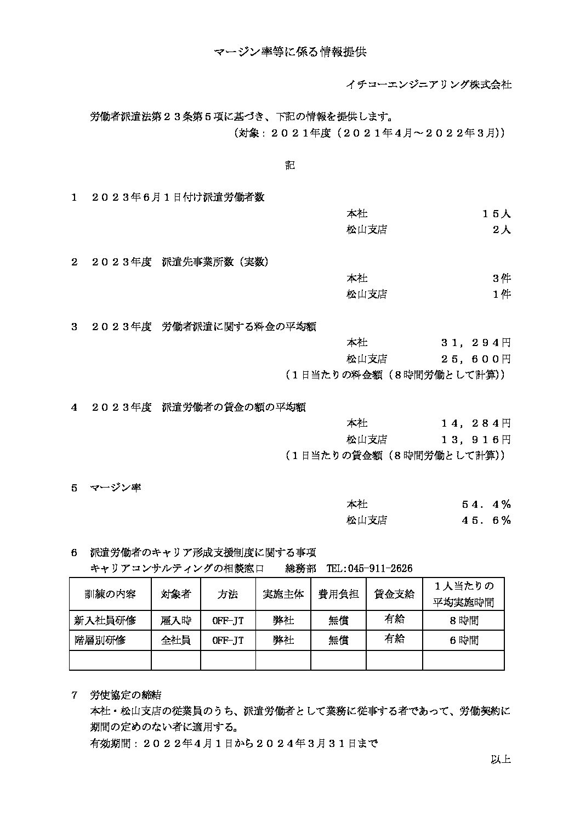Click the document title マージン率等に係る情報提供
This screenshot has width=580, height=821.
click(289, 53)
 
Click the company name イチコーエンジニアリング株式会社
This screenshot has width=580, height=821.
click(429, 84)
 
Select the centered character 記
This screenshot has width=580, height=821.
click(290, 165)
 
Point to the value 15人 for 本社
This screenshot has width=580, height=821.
click(497, 214)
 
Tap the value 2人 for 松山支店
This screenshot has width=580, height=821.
click(502, 230)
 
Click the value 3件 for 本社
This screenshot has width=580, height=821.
click(502, 278)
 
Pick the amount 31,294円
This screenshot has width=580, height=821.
click(476, 343)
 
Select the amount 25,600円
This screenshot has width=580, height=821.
click(476, 359)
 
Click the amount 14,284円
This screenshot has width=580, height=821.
click(476, 423)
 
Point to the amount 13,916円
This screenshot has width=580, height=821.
click(476, 440)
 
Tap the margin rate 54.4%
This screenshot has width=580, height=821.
click(486, 504)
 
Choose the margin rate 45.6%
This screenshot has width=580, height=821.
click(486, 520)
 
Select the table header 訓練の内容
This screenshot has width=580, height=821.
click(110, 594)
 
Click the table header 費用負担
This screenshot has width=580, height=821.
click(339, 594)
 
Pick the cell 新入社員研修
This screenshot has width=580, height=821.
click(105, 621)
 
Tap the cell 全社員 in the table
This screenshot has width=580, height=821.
click(175, 640)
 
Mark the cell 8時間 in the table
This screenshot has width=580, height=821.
click(463, 621)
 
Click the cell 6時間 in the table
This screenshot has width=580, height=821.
click(463, 640)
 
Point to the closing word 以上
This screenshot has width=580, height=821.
click(501, 760)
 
